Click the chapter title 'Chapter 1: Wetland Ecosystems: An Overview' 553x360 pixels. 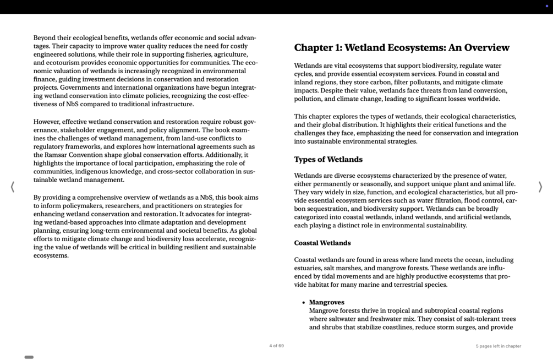(402, 48)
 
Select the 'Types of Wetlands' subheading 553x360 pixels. (328, 160)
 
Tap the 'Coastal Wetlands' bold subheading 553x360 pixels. (322, 243)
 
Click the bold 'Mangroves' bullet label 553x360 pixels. (326, 302)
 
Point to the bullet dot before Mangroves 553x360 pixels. (303, 303)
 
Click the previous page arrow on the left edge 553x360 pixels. (12, 187)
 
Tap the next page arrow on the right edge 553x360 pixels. (540, 187)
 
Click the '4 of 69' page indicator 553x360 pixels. (276, 346)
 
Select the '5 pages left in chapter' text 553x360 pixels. (498, 346)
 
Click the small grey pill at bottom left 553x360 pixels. (29, 357)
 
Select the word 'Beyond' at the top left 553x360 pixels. (45, 38)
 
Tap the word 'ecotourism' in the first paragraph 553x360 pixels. (63, 63)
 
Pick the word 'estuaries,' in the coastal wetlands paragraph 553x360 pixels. (309, 268)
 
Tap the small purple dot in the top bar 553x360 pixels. (546, 6)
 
